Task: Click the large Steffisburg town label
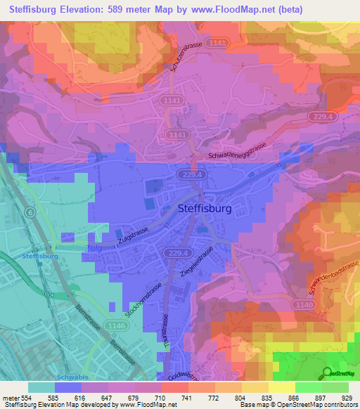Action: pyautogui.click(x=204, y=208)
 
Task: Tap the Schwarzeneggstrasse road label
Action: pyautogui.click(x=239, y=156)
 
